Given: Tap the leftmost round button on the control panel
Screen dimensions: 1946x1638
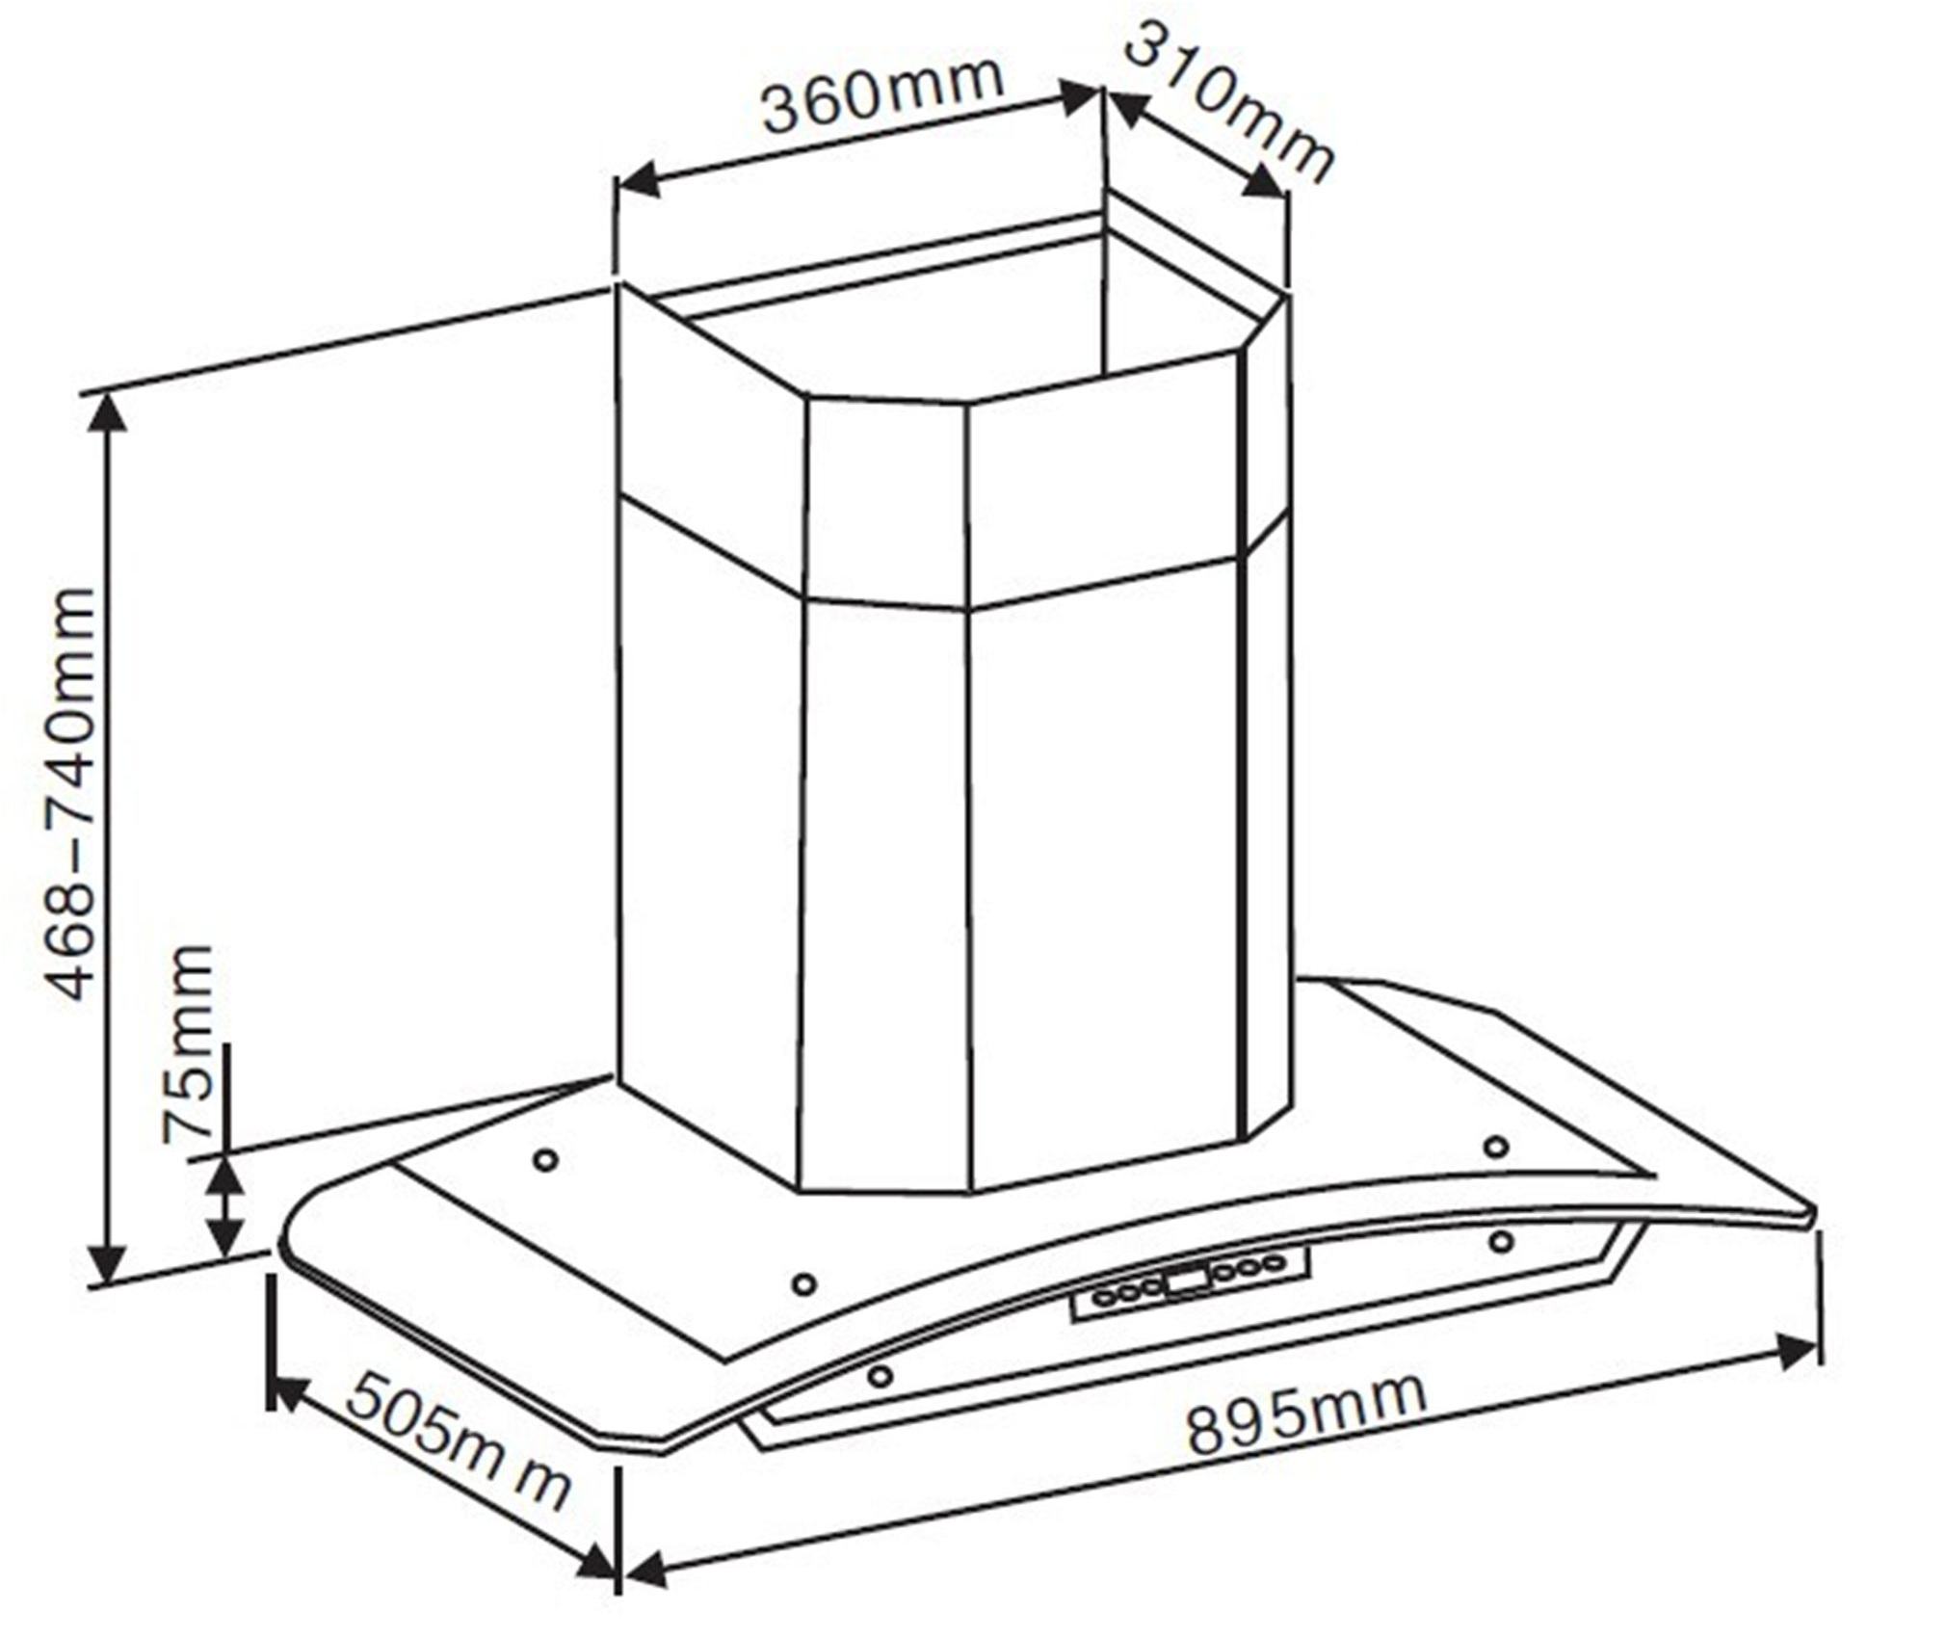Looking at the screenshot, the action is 1104,1296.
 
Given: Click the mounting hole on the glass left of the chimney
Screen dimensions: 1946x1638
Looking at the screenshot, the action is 545,1160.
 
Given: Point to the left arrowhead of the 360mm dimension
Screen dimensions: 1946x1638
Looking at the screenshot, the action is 636,180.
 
